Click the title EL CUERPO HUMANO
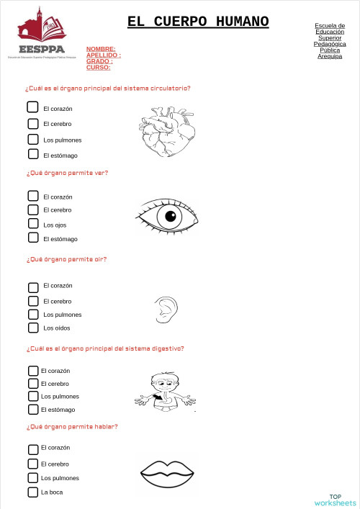point(198,22)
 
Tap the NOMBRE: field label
point(101,49)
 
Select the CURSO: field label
point(98,67)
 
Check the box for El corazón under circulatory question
point(33,107)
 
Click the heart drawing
point(166,132)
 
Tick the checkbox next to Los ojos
point(33,224)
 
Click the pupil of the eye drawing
point(171,215)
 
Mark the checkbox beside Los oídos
point(33,328)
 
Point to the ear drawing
point(164,309)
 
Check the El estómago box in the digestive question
point(33,409)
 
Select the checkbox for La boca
point(33,492)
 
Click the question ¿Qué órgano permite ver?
point(67,173)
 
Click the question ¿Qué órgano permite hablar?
point(71,426)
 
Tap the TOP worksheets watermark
point(335,500)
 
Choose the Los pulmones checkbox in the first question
point(33,139)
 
